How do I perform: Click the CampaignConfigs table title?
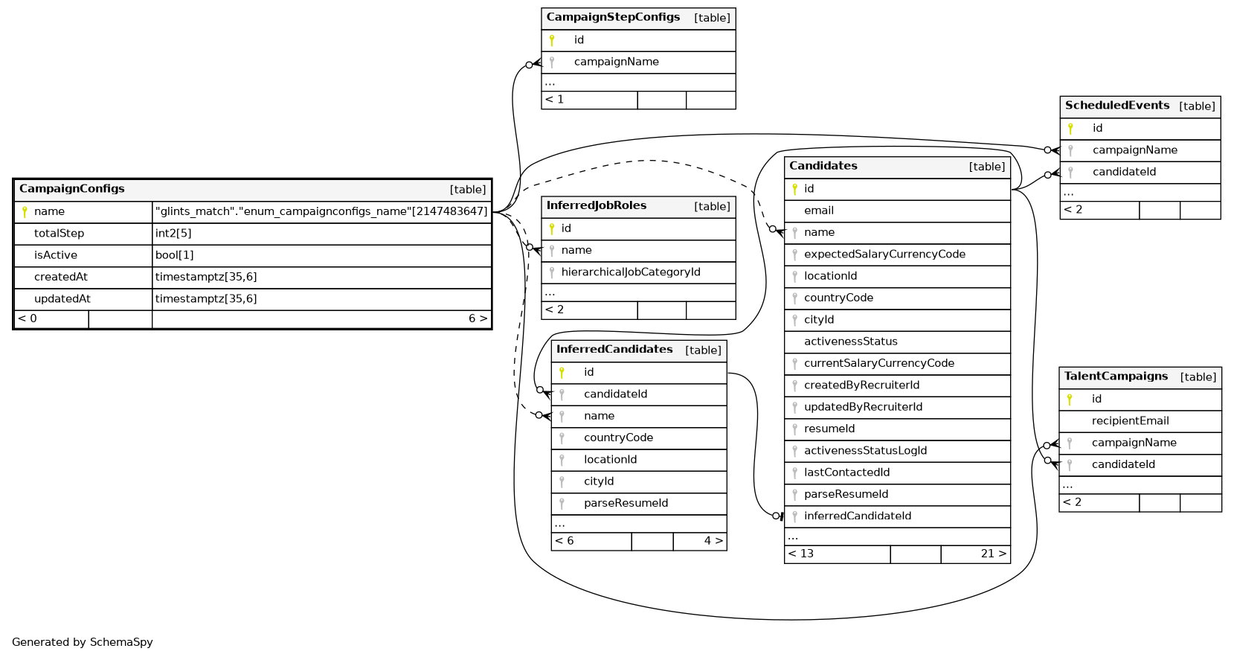(x=72, y=189)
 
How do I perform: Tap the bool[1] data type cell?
(x=174, y=255)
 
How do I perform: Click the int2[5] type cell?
(x=173, y=234)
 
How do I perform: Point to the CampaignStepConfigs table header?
(x=613, y=17)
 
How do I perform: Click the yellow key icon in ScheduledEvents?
(x=1070, y=129)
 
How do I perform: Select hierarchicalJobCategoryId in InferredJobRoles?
(x=630, y=272)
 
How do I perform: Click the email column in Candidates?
(x=818, y=211)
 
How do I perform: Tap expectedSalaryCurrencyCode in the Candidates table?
(x=884, y=254)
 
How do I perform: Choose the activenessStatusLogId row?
(x=865, y=451)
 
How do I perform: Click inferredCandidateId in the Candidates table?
(x=857, y=516)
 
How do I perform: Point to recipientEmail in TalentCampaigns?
(x=1130, y=421)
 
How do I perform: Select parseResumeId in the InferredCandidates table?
(x=626, y=504)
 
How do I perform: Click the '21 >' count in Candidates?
(x=993, y=554)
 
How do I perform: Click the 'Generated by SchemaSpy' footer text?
(x=83, y=642)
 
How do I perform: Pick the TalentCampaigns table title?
(x=1116, y=376)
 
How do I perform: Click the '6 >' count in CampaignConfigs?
(x=478, y=318)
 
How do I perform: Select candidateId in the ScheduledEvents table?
(x=1124, y=172)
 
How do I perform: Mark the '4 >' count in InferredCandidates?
(x=713, y=541)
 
